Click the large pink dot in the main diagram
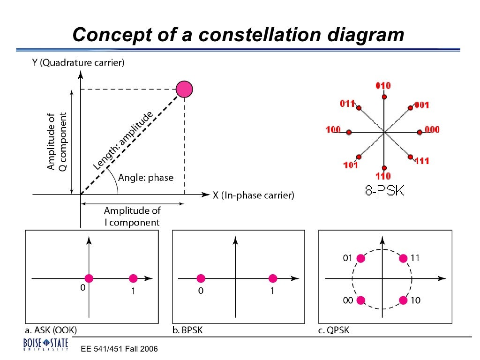(x=184, y=89)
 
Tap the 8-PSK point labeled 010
(x=384, y=97)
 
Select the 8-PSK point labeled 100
(x=349, y=133)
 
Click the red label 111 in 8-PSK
(x=422, y=161)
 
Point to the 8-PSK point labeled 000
(x=420, y=132)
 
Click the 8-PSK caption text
(x=384, y=191)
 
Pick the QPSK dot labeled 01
(x=360, y=258)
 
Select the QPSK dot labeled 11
(x=403, y=258)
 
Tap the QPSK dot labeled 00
(x=360, y=300)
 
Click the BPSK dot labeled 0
(x=201, y=278)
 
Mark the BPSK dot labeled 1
(x=272, y=278)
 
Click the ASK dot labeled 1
(x=133, y=278)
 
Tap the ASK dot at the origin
(x=89, y=278)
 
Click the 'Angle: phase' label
(x=146, y=178)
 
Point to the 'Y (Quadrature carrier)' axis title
(x=78, y=63)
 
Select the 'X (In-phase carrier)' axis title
(x=254, y=195)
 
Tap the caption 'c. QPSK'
(x=334, y=331)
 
